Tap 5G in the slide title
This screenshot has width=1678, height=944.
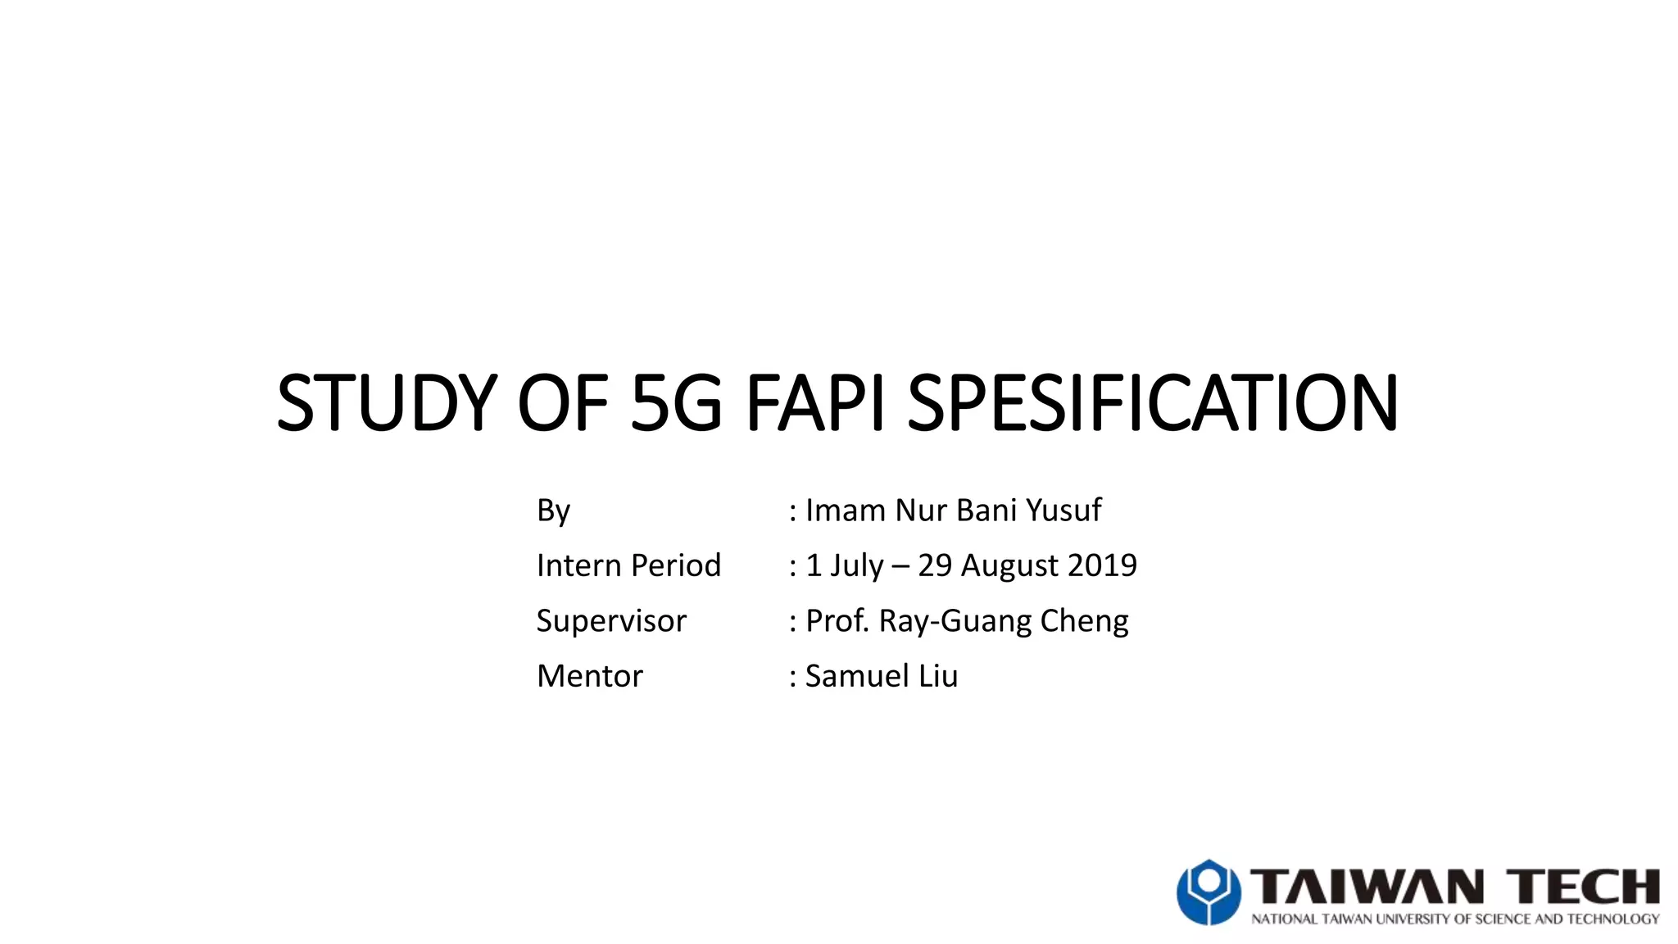point(677,403)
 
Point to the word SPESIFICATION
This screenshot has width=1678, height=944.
point(1152,403)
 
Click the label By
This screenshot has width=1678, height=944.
point(553,511)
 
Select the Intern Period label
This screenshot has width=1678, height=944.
point(628,565)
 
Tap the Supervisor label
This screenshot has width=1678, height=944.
point(611,621)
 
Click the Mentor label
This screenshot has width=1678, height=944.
point(589,676)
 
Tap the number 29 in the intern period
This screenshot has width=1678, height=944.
point(935,565)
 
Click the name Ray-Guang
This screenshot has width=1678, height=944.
point(955,621)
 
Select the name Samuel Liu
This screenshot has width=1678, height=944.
point(882,676)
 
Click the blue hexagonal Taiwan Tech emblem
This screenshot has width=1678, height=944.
point(1209,892)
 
